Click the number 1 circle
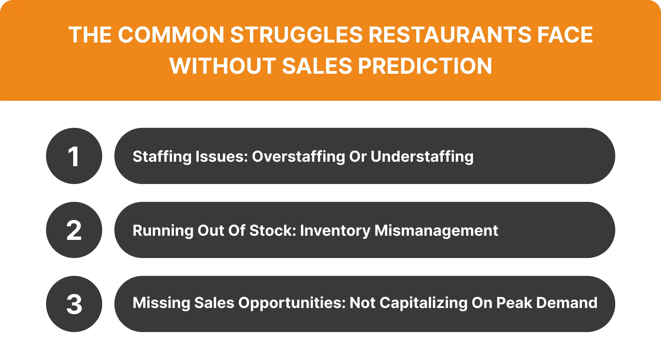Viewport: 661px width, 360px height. (x=74, y=156)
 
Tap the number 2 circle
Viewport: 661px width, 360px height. (x=74, y=230)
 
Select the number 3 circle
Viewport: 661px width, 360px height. (x=74, y=304)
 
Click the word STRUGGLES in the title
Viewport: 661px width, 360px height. (x=296, y=35)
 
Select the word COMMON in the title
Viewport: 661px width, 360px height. (x=171, y=35)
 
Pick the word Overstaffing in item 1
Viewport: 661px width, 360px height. (x=298, y=157)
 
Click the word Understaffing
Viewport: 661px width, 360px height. (x=422, y=157)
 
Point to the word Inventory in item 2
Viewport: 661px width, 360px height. (x=335, y=231)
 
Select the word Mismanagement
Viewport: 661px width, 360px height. (x=436, y=231)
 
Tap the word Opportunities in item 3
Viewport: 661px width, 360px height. (x=292, y=303)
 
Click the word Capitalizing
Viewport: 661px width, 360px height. (x=423, y=303)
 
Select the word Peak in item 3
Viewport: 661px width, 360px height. (x=514, y=303)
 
